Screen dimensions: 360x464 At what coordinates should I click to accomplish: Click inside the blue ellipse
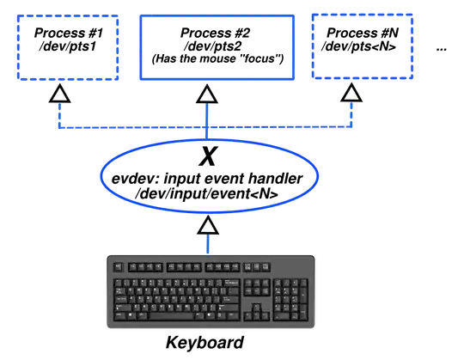(x=210, y=174)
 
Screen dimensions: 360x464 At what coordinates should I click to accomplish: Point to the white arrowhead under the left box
(x=58, y=95)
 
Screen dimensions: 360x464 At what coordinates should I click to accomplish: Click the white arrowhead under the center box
(x=206, y=95)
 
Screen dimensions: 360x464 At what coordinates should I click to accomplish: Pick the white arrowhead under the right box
(x=351, y=95)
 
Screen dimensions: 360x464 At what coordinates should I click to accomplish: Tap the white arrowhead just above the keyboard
(x=207, y=226)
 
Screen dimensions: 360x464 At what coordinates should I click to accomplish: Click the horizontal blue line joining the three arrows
(x=129, y=130)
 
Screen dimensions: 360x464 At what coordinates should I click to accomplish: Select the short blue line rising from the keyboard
(x=207, y=243)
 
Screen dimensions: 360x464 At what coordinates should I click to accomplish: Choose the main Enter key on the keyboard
(x=231, y=294)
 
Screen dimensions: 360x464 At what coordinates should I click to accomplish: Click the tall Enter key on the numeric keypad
(x=303, y=310)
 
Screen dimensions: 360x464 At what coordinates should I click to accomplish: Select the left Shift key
(x=123, y=304)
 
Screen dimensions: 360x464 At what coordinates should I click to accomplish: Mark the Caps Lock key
(x=120, y=295)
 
